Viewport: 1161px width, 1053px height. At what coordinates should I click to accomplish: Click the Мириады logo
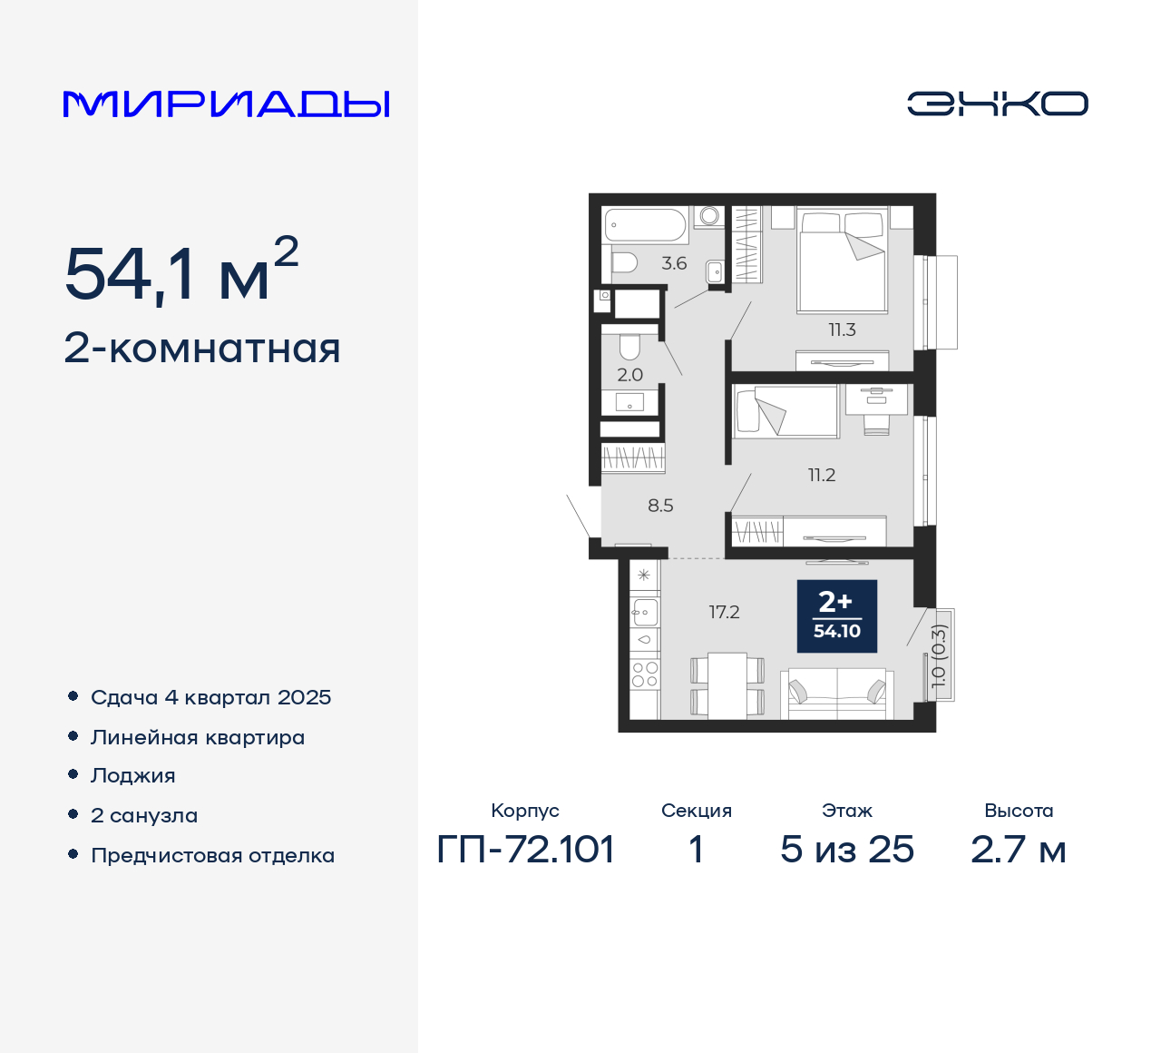point(226,103)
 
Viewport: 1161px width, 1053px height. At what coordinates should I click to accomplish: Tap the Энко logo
point(997,103)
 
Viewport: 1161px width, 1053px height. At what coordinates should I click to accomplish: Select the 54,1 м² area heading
point(181,271)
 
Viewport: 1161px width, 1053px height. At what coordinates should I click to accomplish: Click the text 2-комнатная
point(202,349)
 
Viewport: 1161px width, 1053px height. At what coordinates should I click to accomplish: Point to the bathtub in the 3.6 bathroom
point(646,225)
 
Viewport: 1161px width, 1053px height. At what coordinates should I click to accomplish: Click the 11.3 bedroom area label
point(842,330)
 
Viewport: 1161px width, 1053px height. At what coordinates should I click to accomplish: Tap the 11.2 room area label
point(822,475)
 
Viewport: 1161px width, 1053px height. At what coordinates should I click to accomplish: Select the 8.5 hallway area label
point(660,506)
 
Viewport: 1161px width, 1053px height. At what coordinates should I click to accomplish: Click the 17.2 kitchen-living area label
point(724,613)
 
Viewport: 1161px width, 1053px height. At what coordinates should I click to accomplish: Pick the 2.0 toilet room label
point(629,375)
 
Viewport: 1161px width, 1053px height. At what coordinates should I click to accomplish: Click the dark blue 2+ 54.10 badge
point(836,616)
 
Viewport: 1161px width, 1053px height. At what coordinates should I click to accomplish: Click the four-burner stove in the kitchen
point(645,674)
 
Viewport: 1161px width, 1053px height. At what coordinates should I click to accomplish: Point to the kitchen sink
point(645,613)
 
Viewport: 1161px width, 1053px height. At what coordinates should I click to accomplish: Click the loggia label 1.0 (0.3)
point(939,655)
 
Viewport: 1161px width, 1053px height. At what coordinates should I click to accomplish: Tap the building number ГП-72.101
point(526,850)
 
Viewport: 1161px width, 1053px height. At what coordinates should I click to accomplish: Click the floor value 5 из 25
point(847,850)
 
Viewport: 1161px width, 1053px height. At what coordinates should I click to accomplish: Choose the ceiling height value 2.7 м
point(1018,850)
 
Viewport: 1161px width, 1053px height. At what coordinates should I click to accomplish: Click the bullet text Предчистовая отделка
point(212,855)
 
